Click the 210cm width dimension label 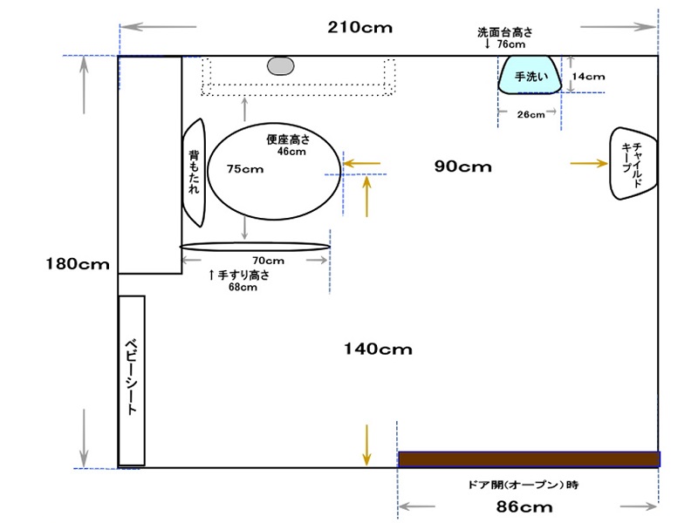pyautogui.click(x=360, y=28)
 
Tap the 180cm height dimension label pyautogui.click(x=78, y=264)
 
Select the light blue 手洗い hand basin pyautogui.click(x=530, y=75)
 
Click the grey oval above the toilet pyautogui.click(x=280, y=66)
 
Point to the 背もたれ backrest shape pyautogui.click(x=194, y=173)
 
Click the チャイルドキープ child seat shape pyautogui.click(x=633, y=164)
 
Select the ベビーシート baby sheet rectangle pyautogui.click(x=132, y=381)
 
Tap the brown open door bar pyautogui.click(x=529, y=459)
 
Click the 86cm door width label pyautogui.click(x=524, y=506)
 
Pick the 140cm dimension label pyautogui.click(x=378, y=350)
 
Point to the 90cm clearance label pyautogui.click(x=463, y=166)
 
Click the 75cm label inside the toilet pyautogui.click(x=245, y=169)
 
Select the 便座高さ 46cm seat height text pyautogui.click(x=289, y=145)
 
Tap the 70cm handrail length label pyautogui.click(x=268, y=261)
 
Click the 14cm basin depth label pyautogui.click(x=588, y=77)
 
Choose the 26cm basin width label pyautogui.click(x=530, y=115)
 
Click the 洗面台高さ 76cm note pyautogui.click(x=505, y=37)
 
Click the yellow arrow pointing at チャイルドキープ pyautogui.click(x=588, y=164)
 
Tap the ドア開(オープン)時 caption pyautogui.click(x=523, y=485)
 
